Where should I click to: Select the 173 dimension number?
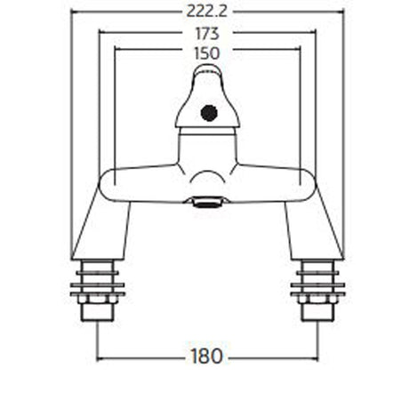click(205, 33)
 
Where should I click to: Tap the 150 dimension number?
click(205, 53)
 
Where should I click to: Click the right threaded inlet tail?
click(317, 285)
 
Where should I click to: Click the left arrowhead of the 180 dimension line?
click(100, 357)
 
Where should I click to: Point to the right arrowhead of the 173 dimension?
click(312, 33)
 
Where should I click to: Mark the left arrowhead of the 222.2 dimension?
click(73, 11)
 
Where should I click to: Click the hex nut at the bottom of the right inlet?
click(317, 311)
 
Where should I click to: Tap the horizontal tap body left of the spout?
click(142, 182)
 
